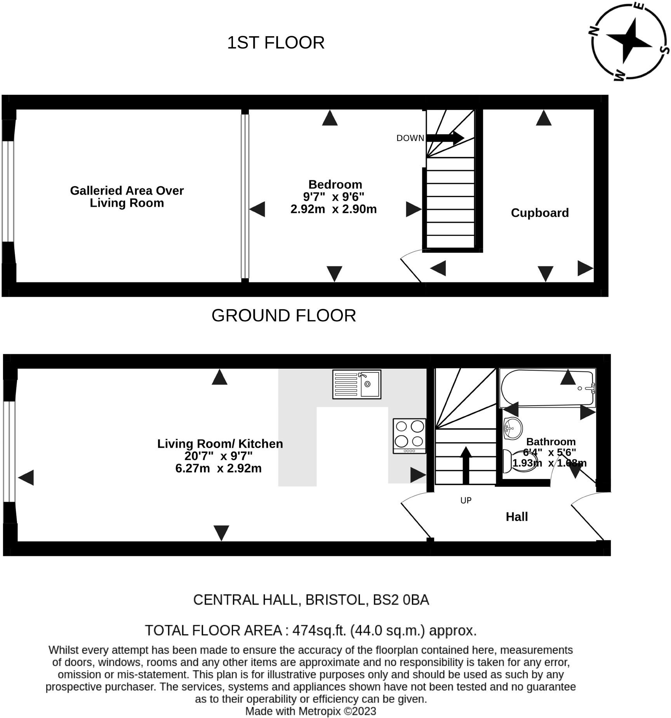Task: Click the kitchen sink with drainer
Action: (356, 384)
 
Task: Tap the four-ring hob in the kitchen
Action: (409, 436)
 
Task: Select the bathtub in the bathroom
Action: (547, 388)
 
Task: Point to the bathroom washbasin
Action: (513, 429)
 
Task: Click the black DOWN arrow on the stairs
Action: (445, 137)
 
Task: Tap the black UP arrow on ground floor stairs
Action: (466, 465)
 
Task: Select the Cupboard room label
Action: (540, 213)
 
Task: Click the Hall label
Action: (517, 516)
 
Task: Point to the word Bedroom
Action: (335, 184)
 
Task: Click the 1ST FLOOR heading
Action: (276, 42)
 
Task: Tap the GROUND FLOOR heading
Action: (284, 315)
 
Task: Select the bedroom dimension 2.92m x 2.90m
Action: (334, 209)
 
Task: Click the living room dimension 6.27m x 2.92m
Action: (219, 468)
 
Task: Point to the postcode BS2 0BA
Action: (401, 600)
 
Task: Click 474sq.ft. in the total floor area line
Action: (319, 630)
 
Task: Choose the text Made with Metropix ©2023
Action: (311, 711)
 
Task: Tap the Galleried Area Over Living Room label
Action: (127, 197)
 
